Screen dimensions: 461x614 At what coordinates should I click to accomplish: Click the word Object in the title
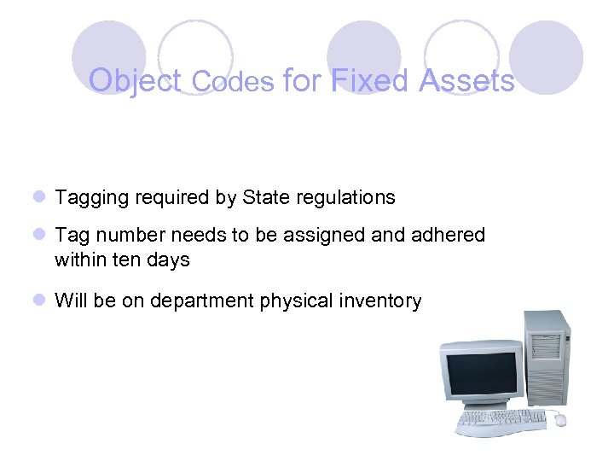pyautogui.click(x=136, y=81)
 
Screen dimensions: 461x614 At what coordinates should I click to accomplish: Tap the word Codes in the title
pyautogui.click(x=233, y=81)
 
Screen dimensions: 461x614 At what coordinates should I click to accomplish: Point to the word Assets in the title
pyautogui.click(x=466, y=81)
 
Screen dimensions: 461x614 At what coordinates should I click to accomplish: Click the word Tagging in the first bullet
pyautogui.click(x=90, y=198)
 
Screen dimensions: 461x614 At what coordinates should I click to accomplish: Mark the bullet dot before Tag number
pyautogui.click(x=39, y=235)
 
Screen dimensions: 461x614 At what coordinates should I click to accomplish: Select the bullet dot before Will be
pyautogui.click(x=39, y=301)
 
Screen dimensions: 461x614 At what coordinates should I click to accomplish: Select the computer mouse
pyautogui.click(x=560, y=419)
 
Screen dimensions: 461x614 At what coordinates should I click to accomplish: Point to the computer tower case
pyautogui.click(x=546, y=359)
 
